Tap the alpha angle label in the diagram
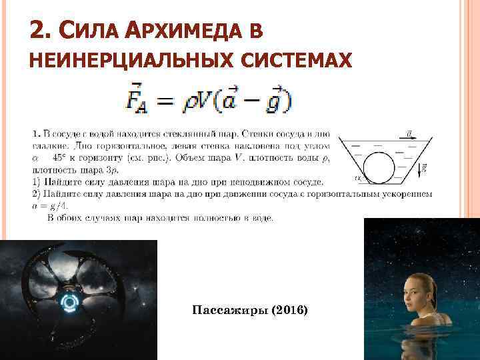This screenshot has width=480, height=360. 358,178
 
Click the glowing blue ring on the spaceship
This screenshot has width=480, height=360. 71,303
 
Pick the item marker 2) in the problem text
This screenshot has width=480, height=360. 37,193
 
